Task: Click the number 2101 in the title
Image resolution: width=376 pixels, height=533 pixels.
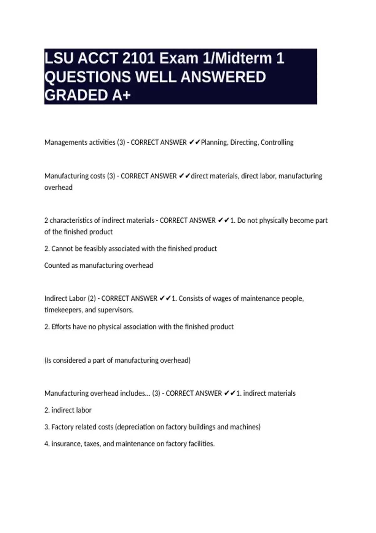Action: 138,58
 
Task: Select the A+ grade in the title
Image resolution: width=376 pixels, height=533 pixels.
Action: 121,95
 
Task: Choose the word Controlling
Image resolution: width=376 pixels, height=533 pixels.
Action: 277,142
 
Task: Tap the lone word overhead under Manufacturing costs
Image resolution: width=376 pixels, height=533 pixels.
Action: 58,187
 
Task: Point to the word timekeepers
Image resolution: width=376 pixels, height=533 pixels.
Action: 63,310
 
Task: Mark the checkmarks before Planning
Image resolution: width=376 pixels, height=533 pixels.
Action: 194,142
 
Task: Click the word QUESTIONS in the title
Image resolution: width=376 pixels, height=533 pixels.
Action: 87,77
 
